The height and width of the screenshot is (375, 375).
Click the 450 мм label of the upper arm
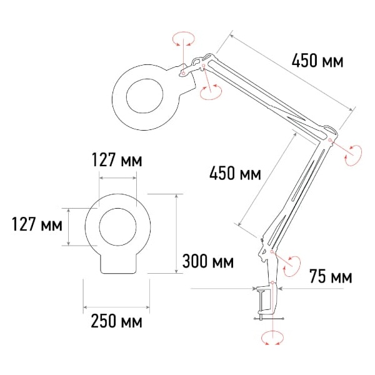(x=317, y=61)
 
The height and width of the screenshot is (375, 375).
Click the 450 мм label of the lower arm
(x=235, y=173)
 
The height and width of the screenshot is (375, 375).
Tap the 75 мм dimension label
(x=331, y=276)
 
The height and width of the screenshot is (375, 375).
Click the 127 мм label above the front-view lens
(x=117, y=159)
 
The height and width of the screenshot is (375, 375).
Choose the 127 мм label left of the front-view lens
(x=37, y=224)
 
